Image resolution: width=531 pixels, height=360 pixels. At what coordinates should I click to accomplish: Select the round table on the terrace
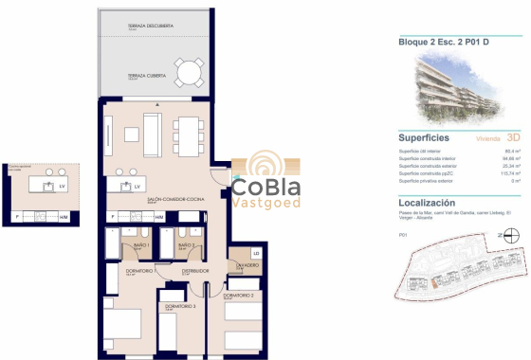[189, 72]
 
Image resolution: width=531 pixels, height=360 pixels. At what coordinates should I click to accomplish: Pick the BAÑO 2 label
[186, 244]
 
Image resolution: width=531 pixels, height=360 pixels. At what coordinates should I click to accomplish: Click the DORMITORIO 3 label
[178, 306]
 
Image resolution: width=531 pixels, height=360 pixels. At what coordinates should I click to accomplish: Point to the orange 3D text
[514, 137]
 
